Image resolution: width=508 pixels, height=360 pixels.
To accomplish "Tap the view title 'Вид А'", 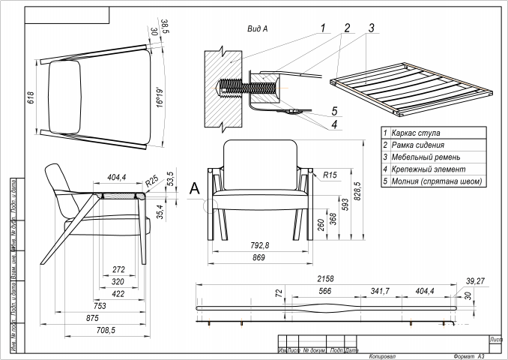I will (x=257, y=29).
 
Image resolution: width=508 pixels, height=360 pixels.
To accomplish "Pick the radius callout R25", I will (x=152, y=180).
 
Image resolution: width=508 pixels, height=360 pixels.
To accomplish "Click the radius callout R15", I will (x=331, y=175).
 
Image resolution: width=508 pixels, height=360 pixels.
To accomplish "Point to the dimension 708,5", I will (x=105, y=330).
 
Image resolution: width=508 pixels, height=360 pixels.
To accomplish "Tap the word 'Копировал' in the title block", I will (x=382, y=356).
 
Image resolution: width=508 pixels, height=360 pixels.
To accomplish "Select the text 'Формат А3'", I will (x=469, y=356).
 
